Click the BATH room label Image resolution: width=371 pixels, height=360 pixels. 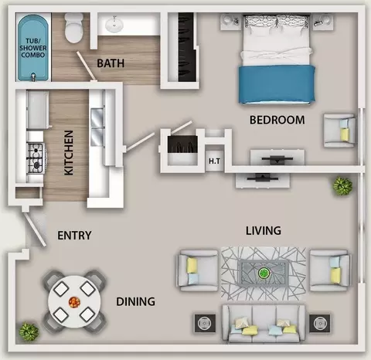(111, 63)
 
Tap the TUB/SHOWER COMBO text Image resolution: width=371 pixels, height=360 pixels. (33, 48)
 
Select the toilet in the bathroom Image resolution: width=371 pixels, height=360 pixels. (74, 28)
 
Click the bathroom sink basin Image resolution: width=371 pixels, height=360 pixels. (114, 25)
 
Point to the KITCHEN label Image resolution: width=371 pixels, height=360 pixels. (69, 153)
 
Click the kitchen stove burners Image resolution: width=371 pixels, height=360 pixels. (36, 158)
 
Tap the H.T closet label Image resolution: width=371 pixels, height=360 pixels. (214, 161)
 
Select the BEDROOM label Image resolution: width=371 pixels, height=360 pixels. (277, 120)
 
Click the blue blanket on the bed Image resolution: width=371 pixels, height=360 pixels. (277, 84)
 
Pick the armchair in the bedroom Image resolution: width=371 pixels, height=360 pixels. (340, 131)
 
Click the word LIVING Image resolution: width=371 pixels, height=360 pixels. (264, 231)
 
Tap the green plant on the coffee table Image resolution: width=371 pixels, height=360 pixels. (264, 273)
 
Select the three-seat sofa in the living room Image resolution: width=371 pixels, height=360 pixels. (264, 324)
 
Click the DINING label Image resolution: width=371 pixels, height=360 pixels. (135, 301)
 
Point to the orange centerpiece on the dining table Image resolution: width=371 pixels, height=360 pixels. (74, 302)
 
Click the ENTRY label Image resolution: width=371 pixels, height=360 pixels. (74, 236)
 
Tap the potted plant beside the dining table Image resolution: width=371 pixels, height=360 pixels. (29, 331)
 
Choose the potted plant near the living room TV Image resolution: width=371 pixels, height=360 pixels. (342, 186)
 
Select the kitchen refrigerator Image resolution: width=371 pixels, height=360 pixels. (38, 110)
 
